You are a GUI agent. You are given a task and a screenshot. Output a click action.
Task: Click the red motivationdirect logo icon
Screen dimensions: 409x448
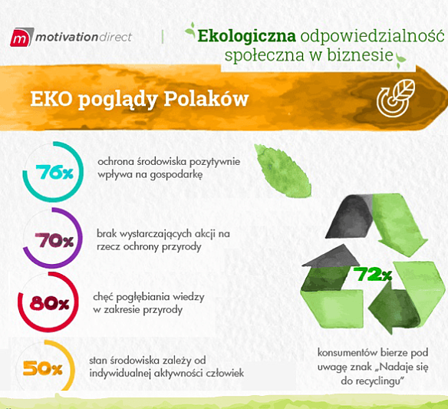tap(21, 37)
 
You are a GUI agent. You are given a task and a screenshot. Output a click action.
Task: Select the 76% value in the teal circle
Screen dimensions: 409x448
tap(54, 173)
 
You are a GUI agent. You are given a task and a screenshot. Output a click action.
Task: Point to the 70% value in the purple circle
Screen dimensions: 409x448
tap(54, 240)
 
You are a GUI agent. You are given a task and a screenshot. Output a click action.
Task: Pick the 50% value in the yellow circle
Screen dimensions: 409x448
tap(43, 368)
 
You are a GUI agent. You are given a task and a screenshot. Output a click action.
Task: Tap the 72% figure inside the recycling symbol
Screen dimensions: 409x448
tap(373, 275)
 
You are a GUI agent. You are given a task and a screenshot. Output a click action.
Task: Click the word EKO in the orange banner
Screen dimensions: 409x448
tap(51, 100)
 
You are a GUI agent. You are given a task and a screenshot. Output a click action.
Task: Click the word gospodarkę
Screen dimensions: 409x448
tap(168, 174)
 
